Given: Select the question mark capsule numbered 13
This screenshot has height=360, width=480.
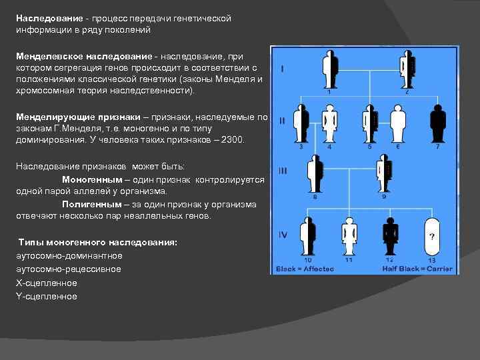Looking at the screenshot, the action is click(x=433, y=235).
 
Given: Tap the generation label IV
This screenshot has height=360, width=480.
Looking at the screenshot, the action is click(x=283, y=235).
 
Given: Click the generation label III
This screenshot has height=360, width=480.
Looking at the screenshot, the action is click(x=283, y=171).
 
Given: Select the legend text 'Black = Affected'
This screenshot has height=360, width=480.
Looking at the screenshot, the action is click(x=300, y=269).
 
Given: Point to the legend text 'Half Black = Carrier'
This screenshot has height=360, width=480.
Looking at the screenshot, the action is click(x=417, y=269).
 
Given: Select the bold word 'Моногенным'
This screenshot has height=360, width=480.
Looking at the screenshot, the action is click(x=91, y=180).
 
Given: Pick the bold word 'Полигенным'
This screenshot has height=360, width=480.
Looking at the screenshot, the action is click(x=91, y=204).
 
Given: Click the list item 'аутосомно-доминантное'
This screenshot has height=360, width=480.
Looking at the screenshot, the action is click(x=69, y=255).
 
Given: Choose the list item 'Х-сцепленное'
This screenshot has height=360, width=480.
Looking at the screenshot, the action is click(x=47, y=283).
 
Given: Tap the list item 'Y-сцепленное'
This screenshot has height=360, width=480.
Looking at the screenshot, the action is click(x=47, y=296).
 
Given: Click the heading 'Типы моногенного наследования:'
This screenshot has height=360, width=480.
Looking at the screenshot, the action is click(x=97, y=242).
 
